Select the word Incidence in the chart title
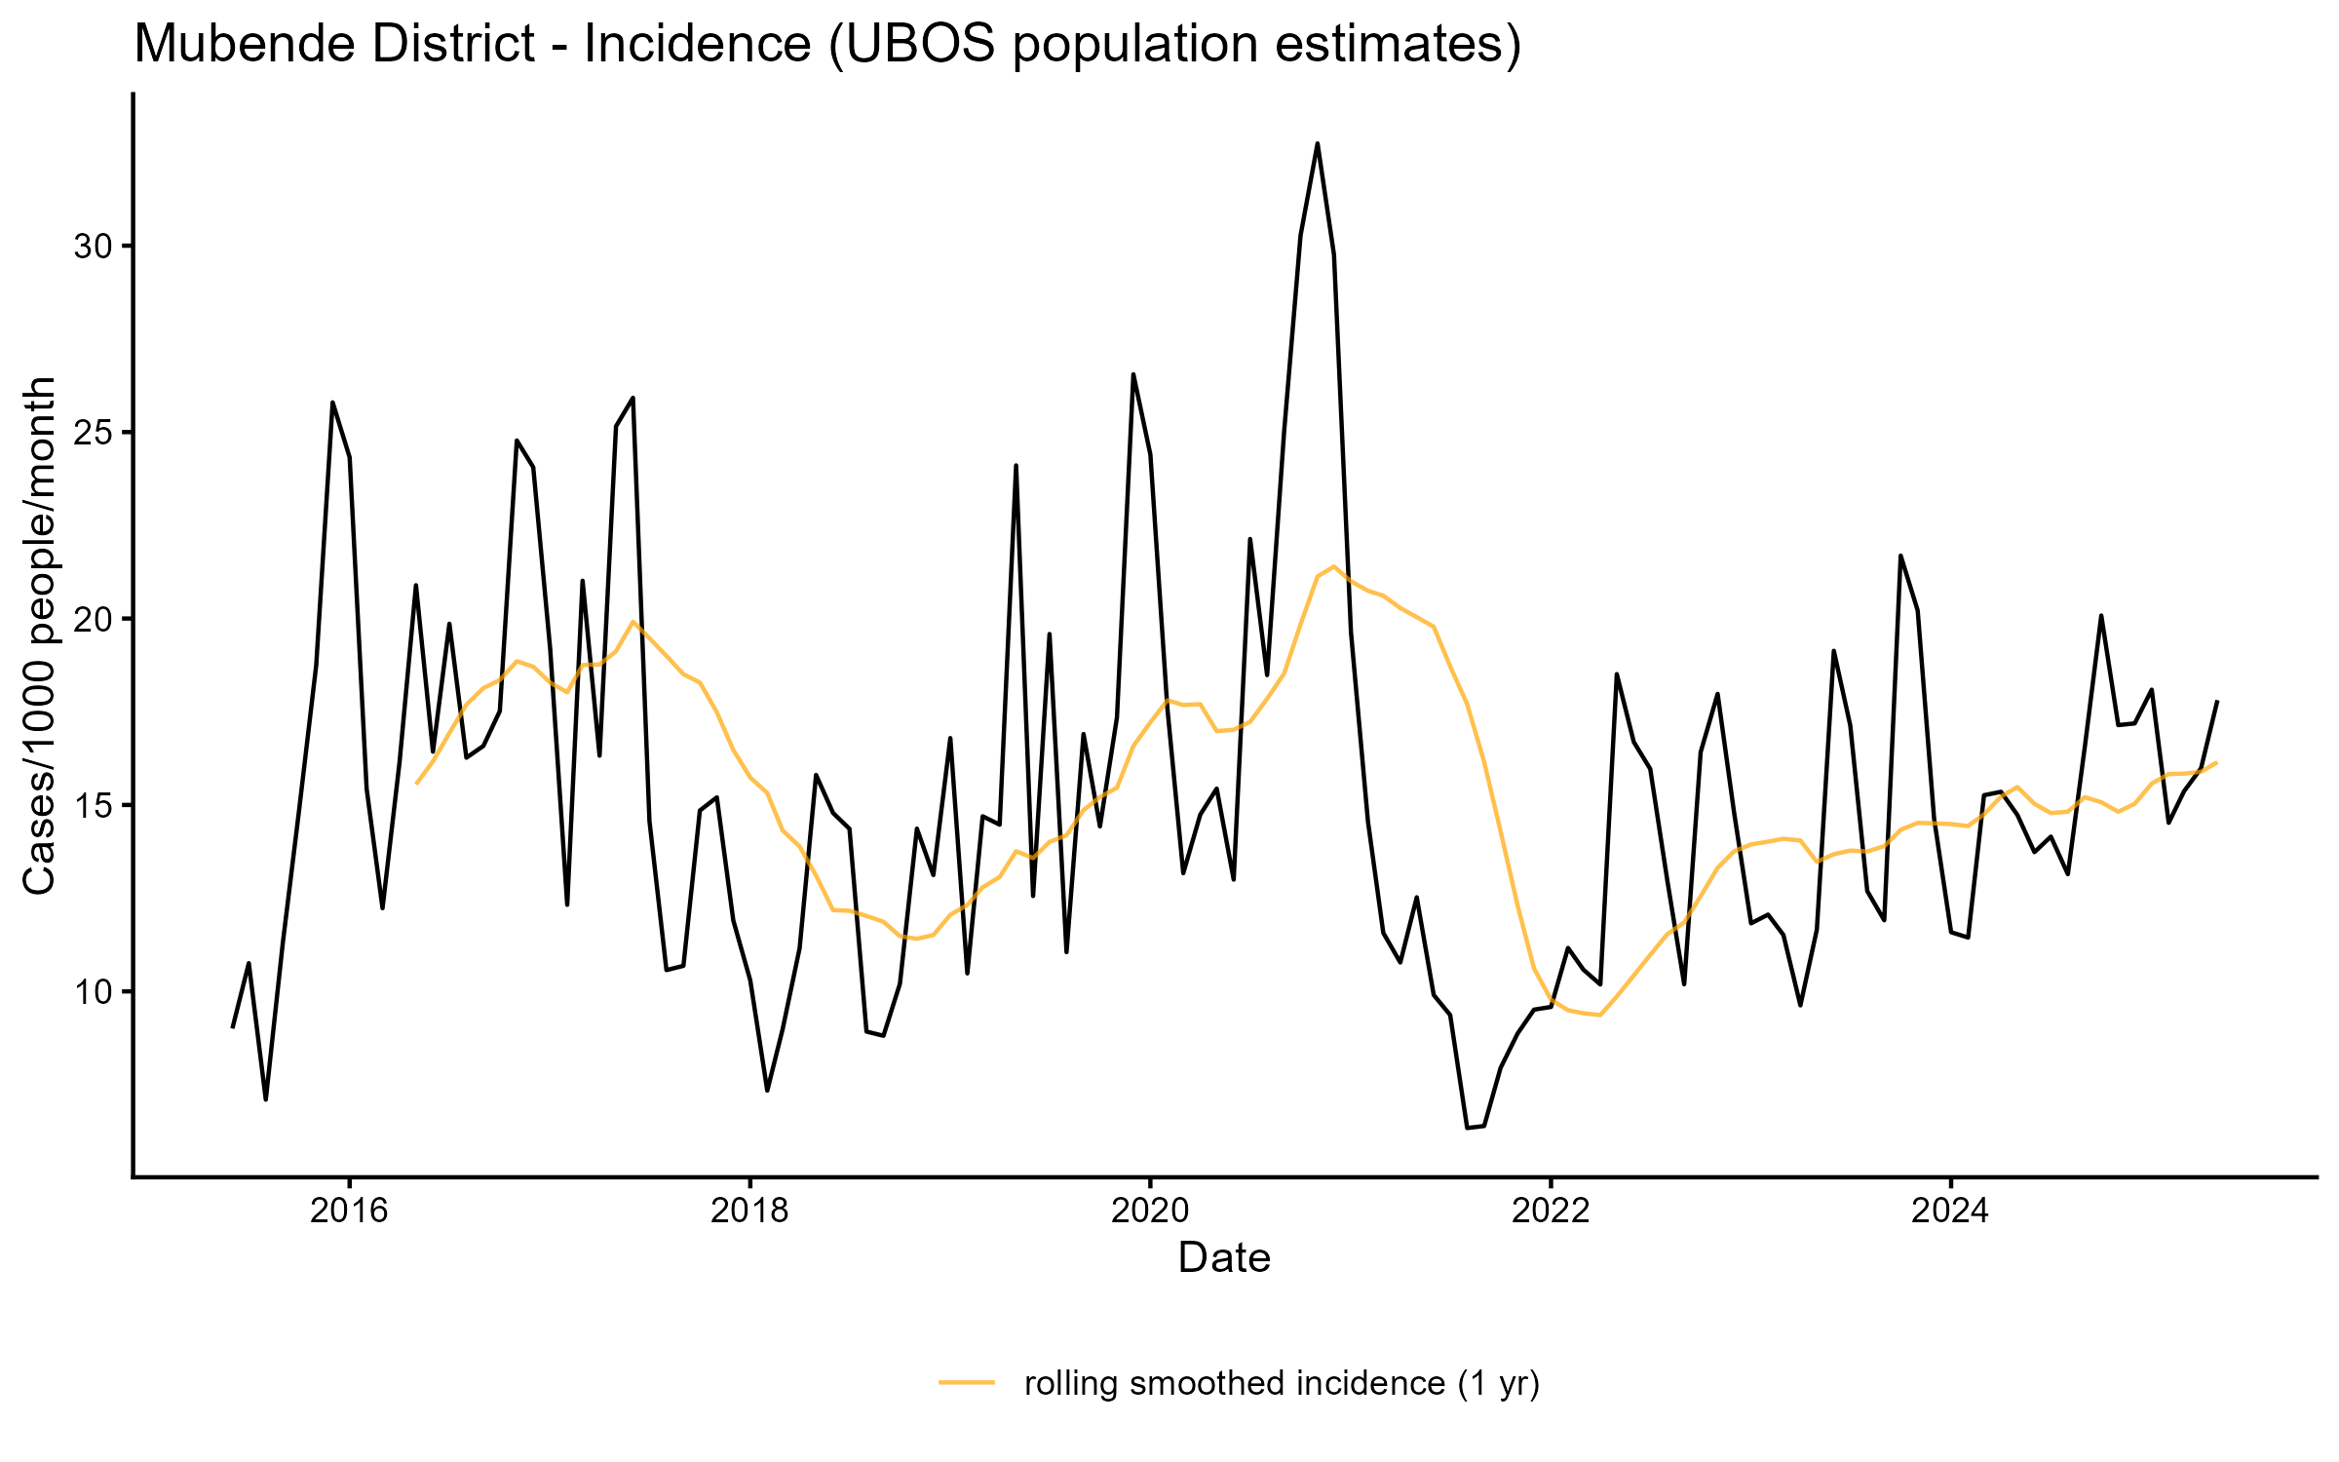[697, 44]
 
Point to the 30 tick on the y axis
[94, 247]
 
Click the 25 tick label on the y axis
[94, 433]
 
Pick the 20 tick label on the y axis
[94, 620]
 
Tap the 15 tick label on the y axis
[94, 806]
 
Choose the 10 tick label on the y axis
[94, 992]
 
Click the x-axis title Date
[1224, 1258]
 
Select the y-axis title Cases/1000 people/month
[40, 635]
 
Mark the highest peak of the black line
[1318, 143]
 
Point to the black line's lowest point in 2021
[1468, 1128]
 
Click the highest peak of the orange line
[1333, 566]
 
